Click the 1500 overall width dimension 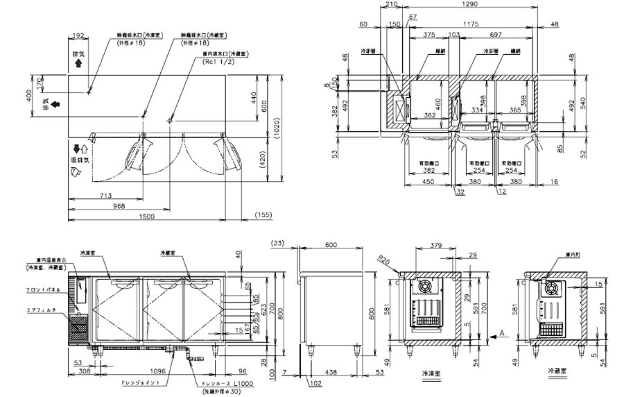[146, 217]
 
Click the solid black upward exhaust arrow [78, 62]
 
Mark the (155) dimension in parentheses [264, 217]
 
